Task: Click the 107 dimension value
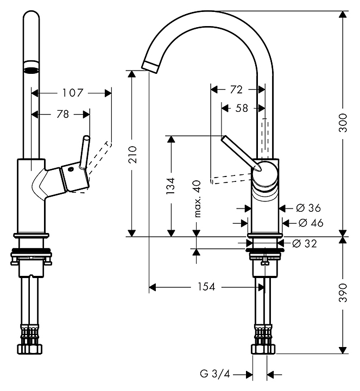pyautogui.click(x=72, y=93)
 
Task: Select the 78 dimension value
pyautogui.click(x=63, y=114)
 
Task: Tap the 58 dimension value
pyautogui.click(x=242, y=108)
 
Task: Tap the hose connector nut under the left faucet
pyautogui.click(x=31, y=348)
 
